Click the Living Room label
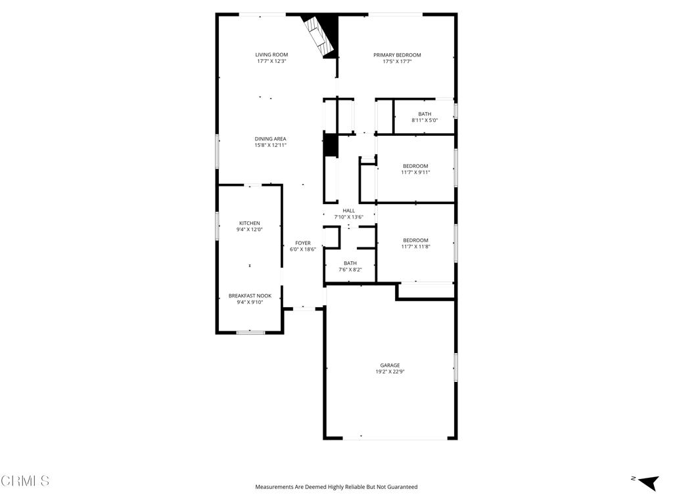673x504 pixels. (271, 54)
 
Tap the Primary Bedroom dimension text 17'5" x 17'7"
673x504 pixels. (397, 62)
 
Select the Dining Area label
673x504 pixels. (270, 138)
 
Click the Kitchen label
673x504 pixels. (249, 223)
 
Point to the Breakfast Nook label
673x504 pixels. (250, 295)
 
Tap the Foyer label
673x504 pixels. (302, 243)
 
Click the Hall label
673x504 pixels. (348, 211)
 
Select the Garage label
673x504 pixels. (390, 365)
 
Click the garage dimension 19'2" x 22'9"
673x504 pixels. (390, 371)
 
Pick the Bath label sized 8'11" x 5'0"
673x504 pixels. (425, 114)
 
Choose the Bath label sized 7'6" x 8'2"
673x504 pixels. (350, 263)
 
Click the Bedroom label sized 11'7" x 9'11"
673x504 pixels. (415, 166)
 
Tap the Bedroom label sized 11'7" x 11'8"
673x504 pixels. (415, 240)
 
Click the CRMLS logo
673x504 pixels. (25, 481)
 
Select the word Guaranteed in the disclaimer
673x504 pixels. (399, 487)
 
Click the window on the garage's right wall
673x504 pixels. (455, 367)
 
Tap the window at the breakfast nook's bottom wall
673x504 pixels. (250, 332)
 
